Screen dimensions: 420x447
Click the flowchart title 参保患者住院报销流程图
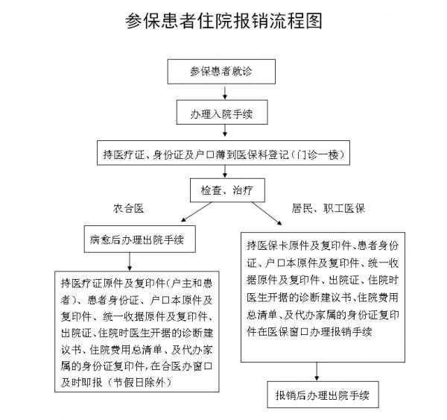click(x=223, y=20)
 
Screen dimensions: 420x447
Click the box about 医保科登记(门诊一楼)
click(x=223, y=155)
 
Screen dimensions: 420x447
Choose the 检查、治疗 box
click(x=223, y=191)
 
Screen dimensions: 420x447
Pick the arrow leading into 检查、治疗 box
click(x=223, y=173)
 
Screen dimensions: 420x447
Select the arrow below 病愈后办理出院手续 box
click(x=131, y=261)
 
